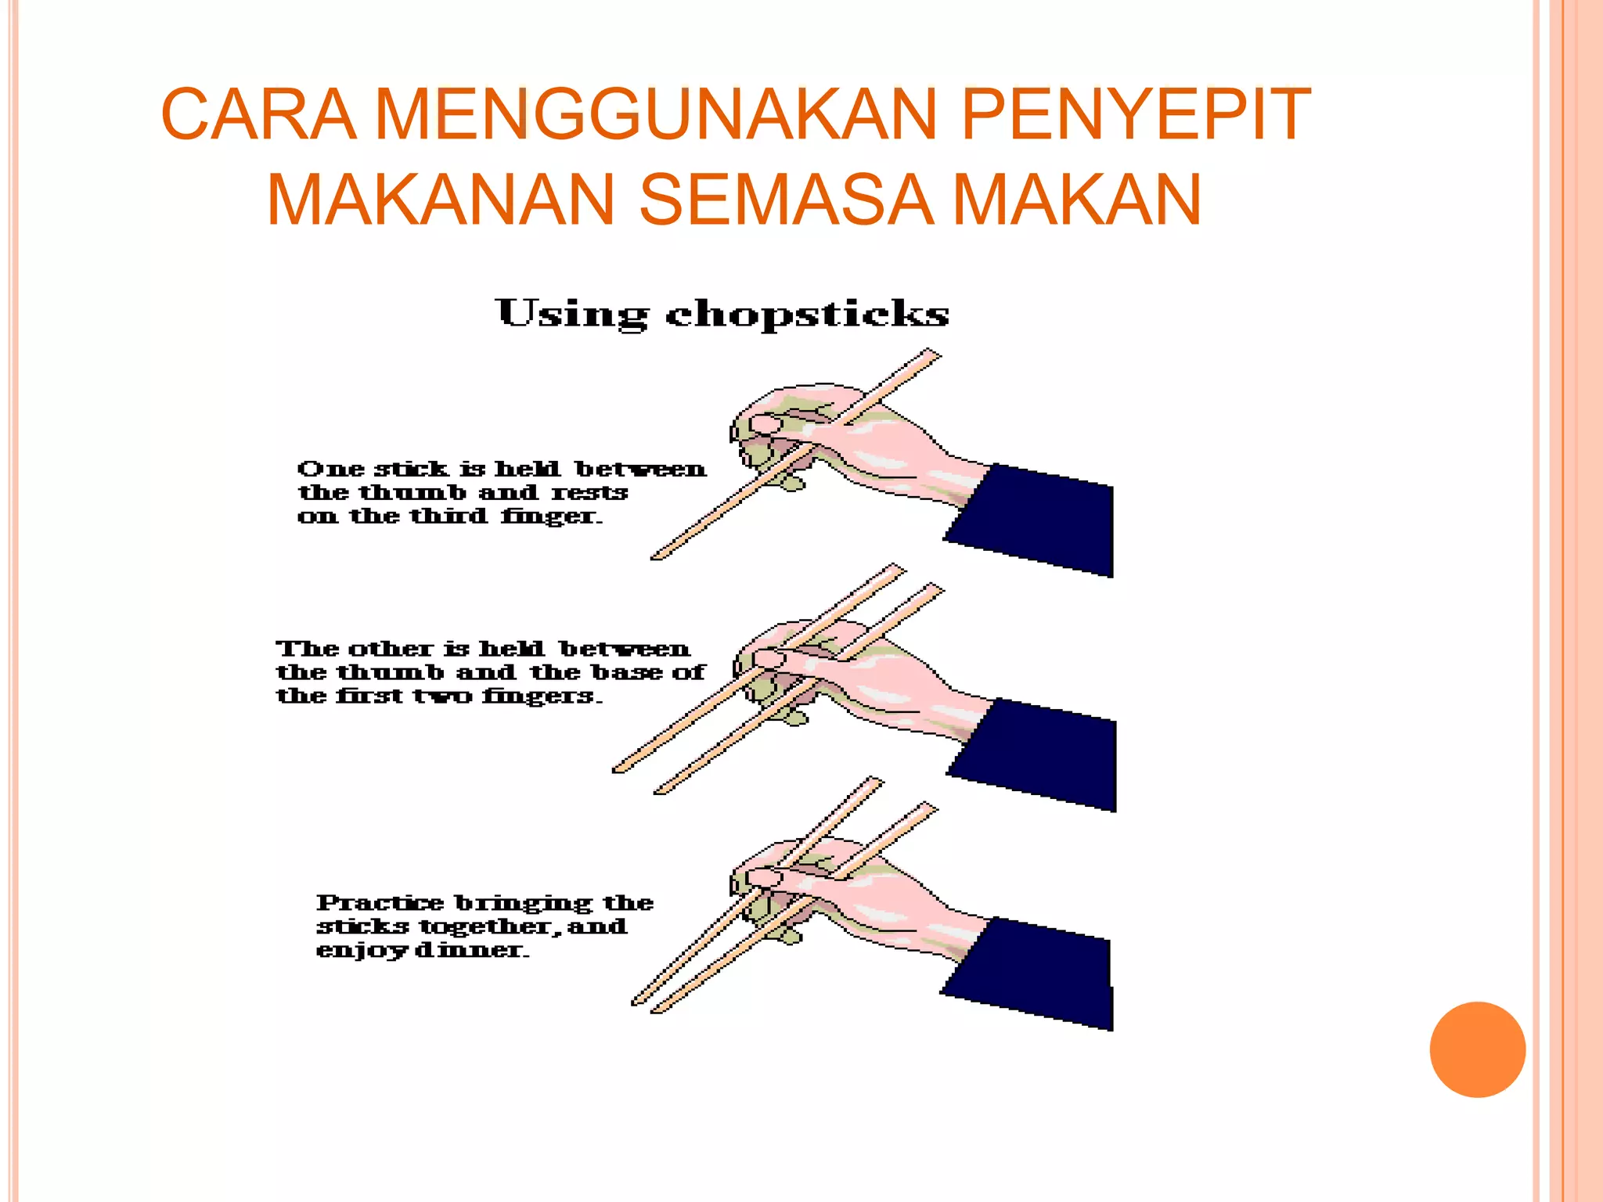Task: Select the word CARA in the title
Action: [x=258, y=114]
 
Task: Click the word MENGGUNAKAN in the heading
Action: [x=656, y=114]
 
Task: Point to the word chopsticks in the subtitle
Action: [x=807, y=315]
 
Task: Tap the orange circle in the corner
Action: [x=1477, y=1049]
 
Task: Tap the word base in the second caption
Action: [x=625, y=673]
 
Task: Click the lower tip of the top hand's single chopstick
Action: [x=657, y=556]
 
